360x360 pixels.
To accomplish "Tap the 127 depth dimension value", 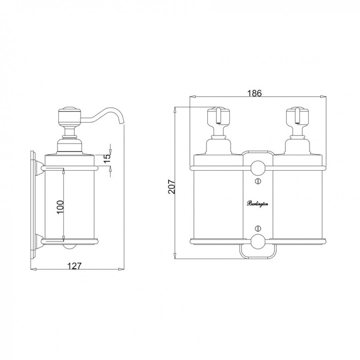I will tap(75, 266).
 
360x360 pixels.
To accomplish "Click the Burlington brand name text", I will tap(257, 204).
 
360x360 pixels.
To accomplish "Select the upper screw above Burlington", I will tap(257, 181).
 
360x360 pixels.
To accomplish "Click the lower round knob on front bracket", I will tap(257, 242).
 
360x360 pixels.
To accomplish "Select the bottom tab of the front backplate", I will tap(257, 253).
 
